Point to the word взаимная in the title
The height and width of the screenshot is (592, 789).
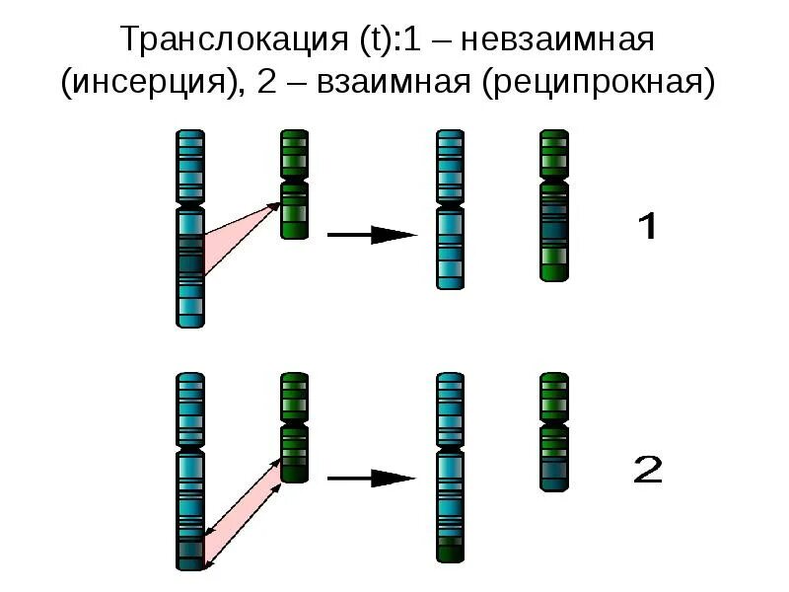(394, 85)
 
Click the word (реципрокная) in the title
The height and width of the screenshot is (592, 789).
(598, 85)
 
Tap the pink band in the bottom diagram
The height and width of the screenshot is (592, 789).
(242, 513)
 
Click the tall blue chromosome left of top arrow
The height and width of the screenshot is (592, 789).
(190, 227)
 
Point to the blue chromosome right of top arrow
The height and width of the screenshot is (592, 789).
(451, 208)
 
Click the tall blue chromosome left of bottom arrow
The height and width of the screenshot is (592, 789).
(190, 471)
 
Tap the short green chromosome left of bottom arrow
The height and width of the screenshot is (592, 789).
(294, 426)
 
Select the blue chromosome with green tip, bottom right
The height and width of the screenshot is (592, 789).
(451, 468)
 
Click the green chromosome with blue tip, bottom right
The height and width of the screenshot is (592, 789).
(554, 431)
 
